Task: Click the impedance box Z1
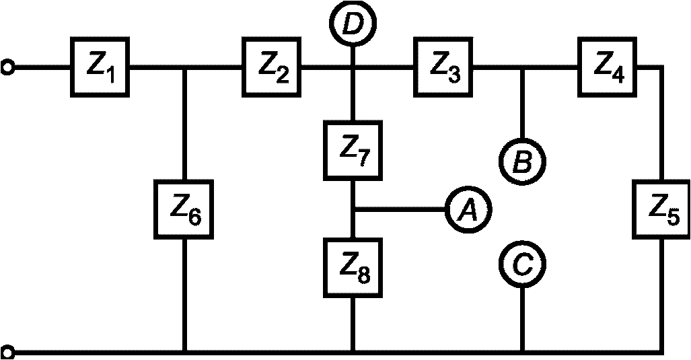(x=100, y=67)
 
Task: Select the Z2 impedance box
(x=271, y=67)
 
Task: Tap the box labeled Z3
(x=443, y=67)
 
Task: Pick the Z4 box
(x=608, y=67)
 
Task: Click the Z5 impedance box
(x=661, y=209)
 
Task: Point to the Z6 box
(x=184, y=209)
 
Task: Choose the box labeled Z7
(x=353, y=151)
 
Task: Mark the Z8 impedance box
(x=353, y=267)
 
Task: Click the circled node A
(x=468, y=209)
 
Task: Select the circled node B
(x=522, y=161)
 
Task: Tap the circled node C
(x=522, y=264)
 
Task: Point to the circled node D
(x=353, y=22)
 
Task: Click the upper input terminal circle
(x=7, y=68)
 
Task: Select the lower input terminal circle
(x=7, y=353)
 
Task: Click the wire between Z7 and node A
(x=399, y=209)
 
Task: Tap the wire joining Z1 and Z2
(x=185, y=68)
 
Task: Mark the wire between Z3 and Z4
(x=525, y=68)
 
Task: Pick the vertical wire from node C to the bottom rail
(x=523, y=319)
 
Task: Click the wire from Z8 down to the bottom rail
(x=353, y=324)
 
